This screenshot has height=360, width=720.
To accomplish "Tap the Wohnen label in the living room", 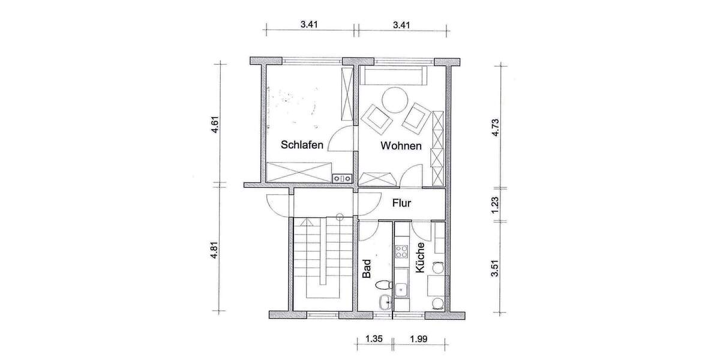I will (401, 146).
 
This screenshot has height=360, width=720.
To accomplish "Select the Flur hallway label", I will (401, 203).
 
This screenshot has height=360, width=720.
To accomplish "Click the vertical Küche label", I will (420, 258).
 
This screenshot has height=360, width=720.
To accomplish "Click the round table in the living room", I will (395, 100).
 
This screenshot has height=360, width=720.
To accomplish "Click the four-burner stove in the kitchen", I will (401, 248).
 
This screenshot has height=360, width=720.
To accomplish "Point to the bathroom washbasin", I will (383, 302).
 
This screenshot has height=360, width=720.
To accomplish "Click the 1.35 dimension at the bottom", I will (374, 341).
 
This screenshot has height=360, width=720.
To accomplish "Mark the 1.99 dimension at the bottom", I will (419, 341).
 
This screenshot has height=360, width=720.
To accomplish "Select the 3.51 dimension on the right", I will (495, 267).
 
